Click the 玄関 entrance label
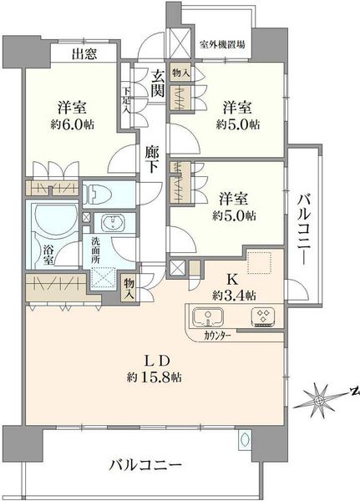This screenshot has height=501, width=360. [x=158, y=83]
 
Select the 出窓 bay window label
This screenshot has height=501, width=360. [x=84, y=54]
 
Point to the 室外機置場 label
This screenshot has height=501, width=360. [x=222, y=44]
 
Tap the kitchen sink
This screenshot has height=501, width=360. [x=208, y=317]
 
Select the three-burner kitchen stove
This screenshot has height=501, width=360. [x=263, y=317]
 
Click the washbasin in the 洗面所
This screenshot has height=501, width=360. [x=113, y=222]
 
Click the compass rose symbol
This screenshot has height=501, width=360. [x=319, y=400]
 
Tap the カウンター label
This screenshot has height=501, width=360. [x=217, y=337]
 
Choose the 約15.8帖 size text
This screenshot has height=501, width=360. [x=155, y=377]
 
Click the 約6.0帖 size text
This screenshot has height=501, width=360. [x=73, y=124]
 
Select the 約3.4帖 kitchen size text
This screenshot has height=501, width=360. [x=235, y=296]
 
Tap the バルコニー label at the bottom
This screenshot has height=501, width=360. [x=145, y=464]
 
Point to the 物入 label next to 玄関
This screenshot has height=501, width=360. [x=181, y=73]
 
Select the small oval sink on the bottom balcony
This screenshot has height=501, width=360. [x=246, y=439]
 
